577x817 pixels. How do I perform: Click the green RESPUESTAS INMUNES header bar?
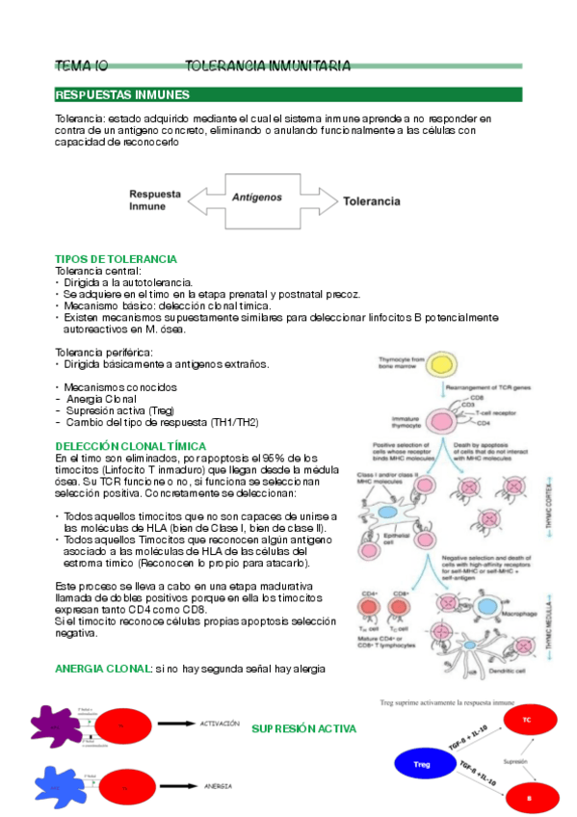(288, 94)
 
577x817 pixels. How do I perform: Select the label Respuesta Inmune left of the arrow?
(155, 199)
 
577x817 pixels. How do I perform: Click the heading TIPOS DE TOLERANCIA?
(116, 260)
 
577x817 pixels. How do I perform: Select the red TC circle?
(526, 721)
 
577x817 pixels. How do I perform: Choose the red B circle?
(526, 799)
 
